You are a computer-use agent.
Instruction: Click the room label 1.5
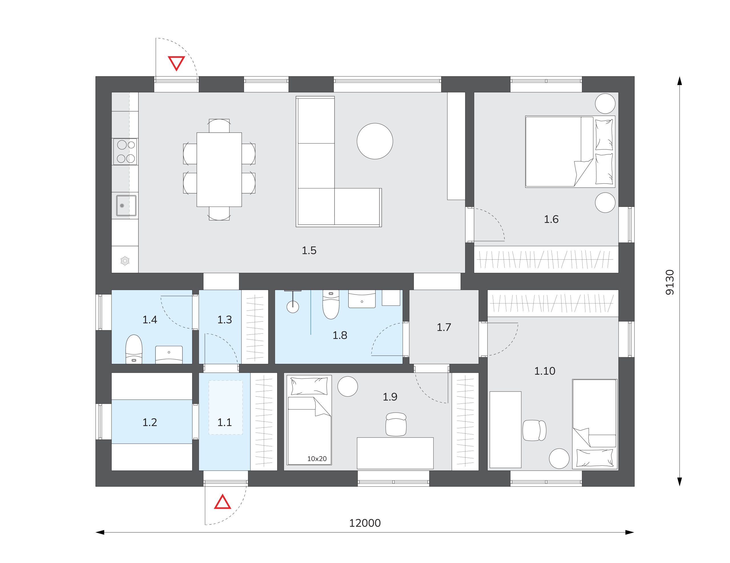(309, 251)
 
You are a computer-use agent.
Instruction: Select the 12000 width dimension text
(365, 523)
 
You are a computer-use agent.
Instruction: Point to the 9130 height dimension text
(670, 282)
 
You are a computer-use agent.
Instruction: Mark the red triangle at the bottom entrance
(223, 502)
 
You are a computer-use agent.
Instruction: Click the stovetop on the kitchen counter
(125, 152)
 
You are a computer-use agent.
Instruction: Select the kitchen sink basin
(126, 205)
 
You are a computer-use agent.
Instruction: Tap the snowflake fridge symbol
(125, 261)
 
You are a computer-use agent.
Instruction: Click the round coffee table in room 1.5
(375, 141)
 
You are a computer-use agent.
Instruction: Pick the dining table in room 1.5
(219, 169)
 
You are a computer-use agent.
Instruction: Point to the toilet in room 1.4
(134, 349)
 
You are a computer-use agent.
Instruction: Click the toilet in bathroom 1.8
(330, 304)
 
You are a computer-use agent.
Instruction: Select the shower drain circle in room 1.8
(293, 307)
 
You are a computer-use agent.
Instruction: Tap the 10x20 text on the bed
(317, 459)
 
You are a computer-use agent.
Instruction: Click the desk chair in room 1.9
(396, 424)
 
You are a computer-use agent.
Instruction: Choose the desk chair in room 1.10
(534, 431)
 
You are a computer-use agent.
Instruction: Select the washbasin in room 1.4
(169, 355)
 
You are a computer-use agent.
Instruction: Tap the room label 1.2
(149, 423)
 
